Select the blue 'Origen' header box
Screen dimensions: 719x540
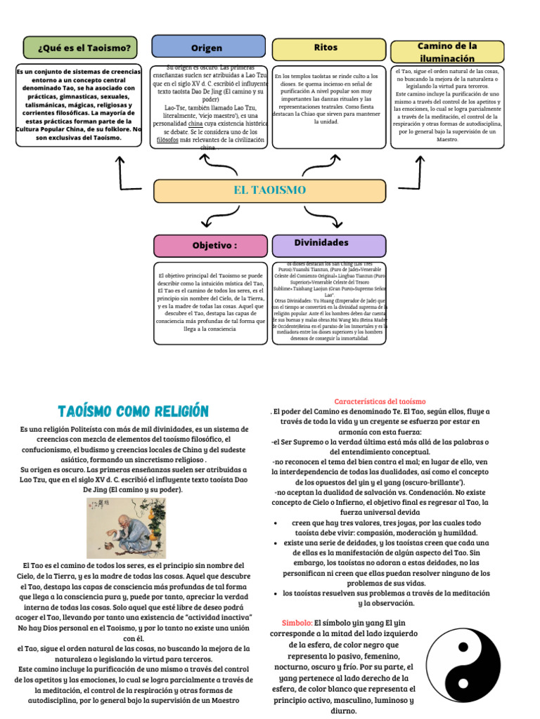pos(207,48)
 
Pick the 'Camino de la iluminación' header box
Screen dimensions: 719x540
pos(447,51)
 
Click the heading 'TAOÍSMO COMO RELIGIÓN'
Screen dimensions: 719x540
pos(134,410)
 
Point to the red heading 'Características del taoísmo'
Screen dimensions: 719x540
pos(375,400)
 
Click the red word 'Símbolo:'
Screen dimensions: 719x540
pos(297,623)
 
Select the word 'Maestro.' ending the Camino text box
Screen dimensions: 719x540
pos(447,139)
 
